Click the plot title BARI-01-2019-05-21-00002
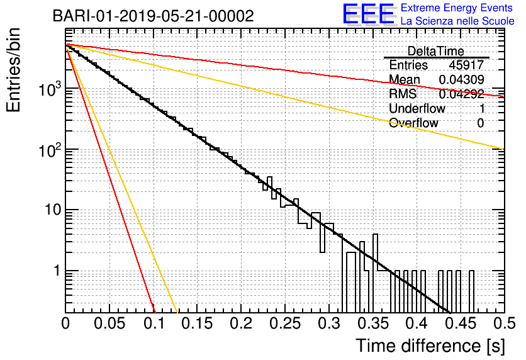tap(154, 16)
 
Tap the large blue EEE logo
tap(369, 14)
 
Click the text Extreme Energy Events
tap(457, 8)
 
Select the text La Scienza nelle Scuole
tap(457, 21)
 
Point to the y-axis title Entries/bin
tap(13, 70)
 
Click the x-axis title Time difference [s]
tap(430, 346)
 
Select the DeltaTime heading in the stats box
tap(436, 51)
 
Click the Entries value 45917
tap(466, 65)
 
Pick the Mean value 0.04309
tap(462, 79)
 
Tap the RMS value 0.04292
tap(462, 94)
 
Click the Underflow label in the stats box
tap(417, 108)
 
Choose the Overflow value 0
tap(480, 123)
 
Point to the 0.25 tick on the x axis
tap(285, 323)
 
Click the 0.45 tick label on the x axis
tap(461, 323)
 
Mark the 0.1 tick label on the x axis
tap(154, 323)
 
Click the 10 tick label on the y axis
tap(53, 210)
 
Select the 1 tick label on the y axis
tap(57, 271)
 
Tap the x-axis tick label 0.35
tap(373, 323)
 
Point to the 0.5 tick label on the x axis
tap(505, 323)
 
